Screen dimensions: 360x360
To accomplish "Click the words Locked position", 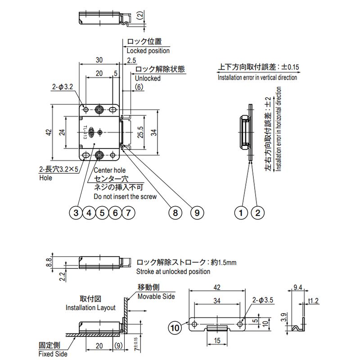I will tap(148, 51).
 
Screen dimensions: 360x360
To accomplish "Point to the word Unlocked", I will tap(148, 78).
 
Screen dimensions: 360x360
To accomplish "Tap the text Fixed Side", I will tap(53, 354).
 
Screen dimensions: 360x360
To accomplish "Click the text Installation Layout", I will tap(90, 308).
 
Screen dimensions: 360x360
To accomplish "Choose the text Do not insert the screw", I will tap(125, 197).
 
